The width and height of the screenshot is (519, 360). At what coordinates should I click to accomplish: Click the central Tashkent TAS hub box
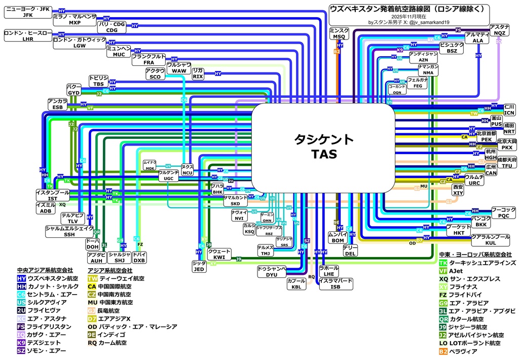[x=323, y=147]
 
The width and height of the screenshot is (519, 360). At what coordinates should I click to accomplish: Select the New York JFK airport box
[x=28, y=12]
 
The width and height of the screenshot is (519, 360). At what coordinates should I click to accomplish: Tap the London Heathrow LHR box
[x=28, y=35]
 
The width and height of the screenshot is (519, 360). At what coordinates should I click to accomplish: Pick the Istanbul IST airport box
[x=53, y=196]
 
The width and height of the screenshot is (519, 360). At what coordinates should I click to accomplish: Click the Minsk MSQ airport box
[x=339, y=34]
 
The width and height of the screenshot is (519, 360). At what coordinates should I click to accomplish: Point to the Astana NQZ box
[x=499, y=30]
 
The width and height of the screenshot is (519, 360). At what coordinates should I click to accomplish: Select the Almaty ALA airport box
[x=477, y=38]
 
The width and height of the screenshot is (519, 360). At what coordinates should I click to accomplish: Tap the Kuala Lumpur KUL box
[x=490, y=240]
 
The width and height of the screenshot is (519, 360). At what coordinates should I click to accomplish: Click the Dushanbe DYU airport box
[x=272, y=272]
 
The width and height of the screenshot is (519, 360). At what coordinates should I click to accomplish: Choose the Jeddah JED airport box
[x=199, y=267]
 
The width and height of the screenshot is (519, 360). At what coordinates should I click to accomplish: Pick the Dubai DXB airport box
[x=139, y=257]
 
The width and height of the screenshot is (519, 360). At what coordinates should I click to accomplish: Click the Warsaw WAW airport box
[x=179, y=68]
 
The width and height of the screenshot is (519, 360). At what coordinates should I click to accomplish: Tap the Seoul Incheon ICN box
[x=509, y=110]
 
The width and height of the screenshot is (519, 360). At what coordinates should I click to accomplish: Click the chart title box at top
[x=409, y=15]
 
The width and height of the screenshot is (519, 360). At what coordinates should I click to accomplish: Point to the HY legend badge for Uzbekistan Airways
[x=21, y=278]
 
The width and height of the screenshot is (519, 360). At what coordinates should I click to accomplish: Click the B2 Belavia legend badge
[x=443, y=351]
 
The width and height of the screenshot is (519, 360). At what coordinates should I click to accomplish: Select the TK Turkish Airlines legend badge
[x=443, y=263]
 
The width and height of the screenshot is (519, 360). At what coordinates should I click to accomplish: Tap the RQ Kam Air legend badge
[x=92, y=343]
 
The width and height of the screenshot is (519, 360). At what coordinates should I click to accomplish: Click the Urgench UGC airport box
[x=168, y=175]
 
